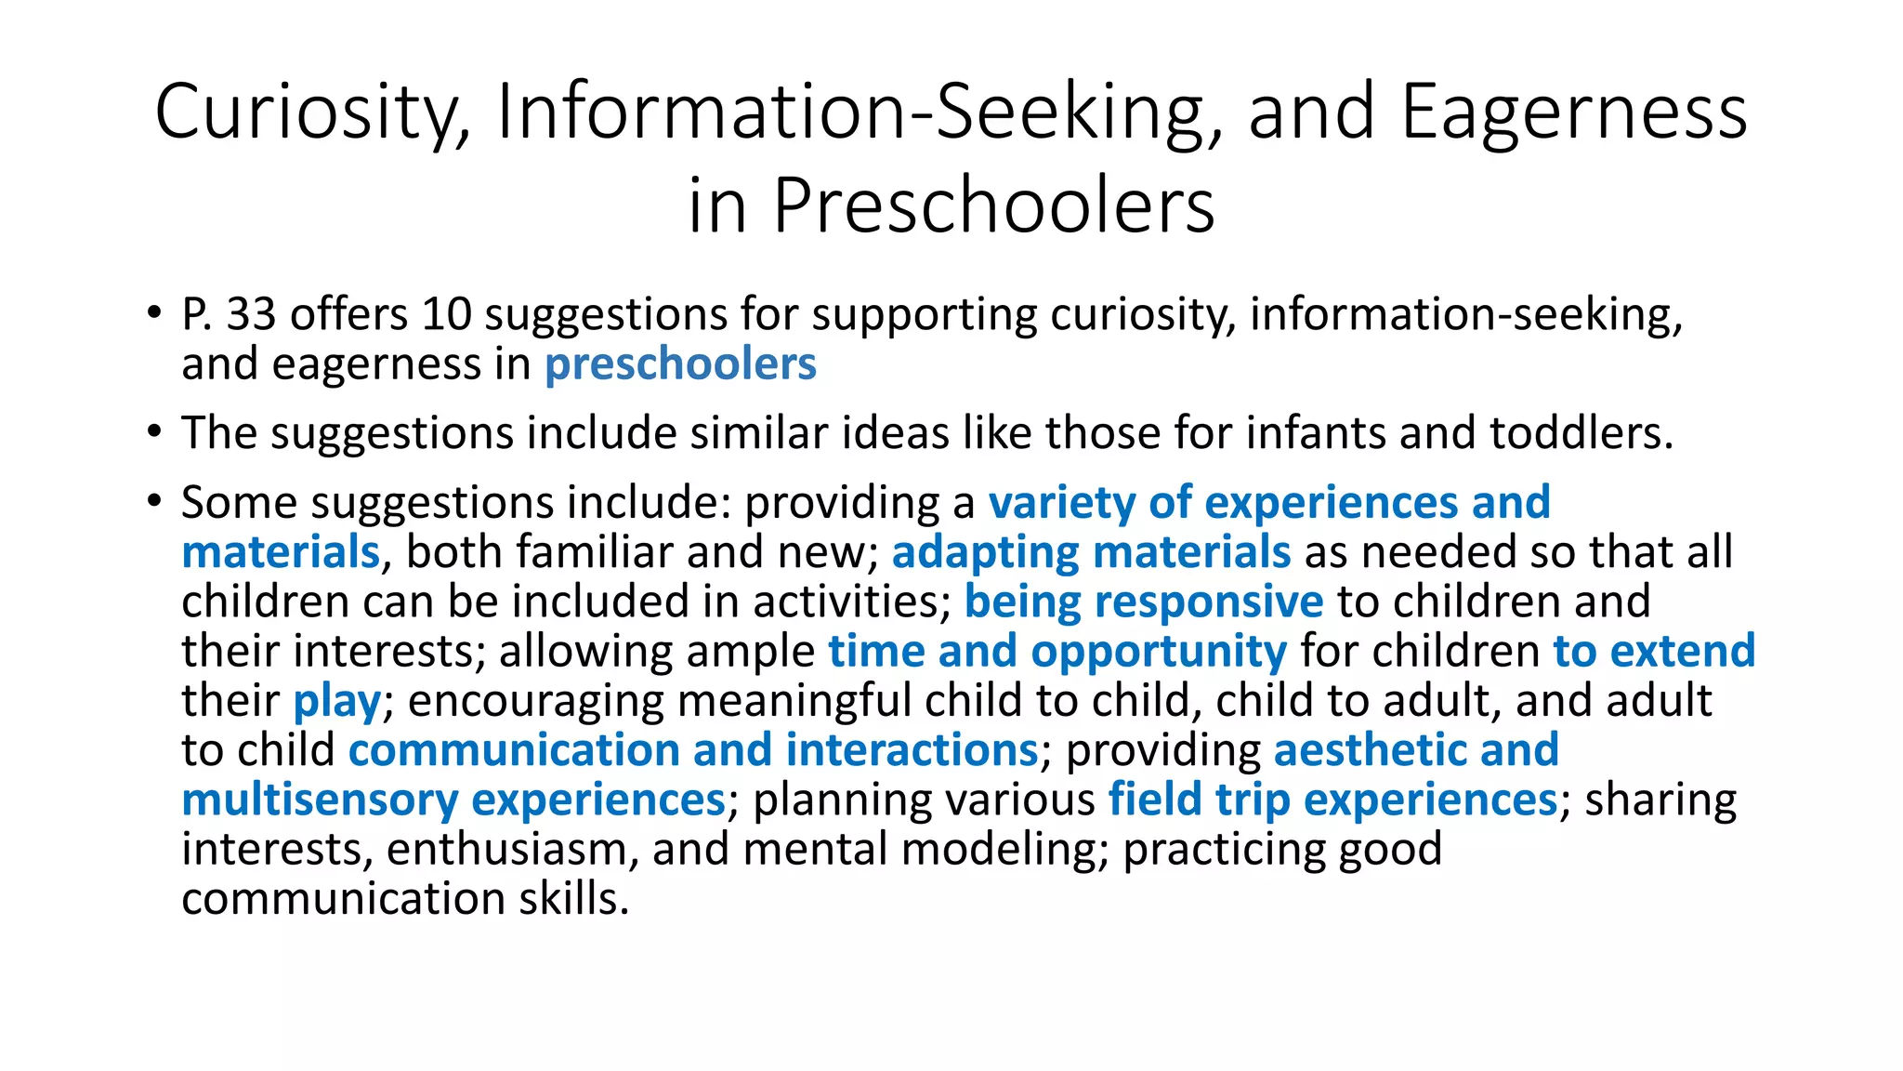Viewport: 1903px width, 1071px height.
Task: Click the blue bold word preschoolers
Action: pyautogui.click(x=680, y=364)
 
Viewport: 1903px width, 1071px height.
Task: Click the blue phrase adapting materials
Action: pyautogui.click(x=1091, y=552)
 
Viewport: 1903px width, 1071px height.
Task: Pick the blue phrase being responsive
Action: pyautogui.click(x=1143, y=602)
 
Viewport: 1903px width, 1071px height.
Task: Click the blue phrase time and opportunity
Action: pyautogui.click(x=1057, y=651)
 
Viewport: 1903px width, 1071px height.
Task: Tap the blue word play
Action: pyautogui.click(x=336, y=701)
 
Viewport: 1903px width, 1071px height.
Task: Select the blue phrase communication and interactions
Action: pyautogui.click(x=693, y=750)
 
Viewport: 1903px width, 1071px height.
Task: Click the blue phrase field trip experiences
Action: pyautogui.click(x=1332, y=800)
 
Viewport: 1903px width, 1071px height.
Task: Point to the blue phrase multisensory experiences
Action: pyautogui.click(x=453, y=800)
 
